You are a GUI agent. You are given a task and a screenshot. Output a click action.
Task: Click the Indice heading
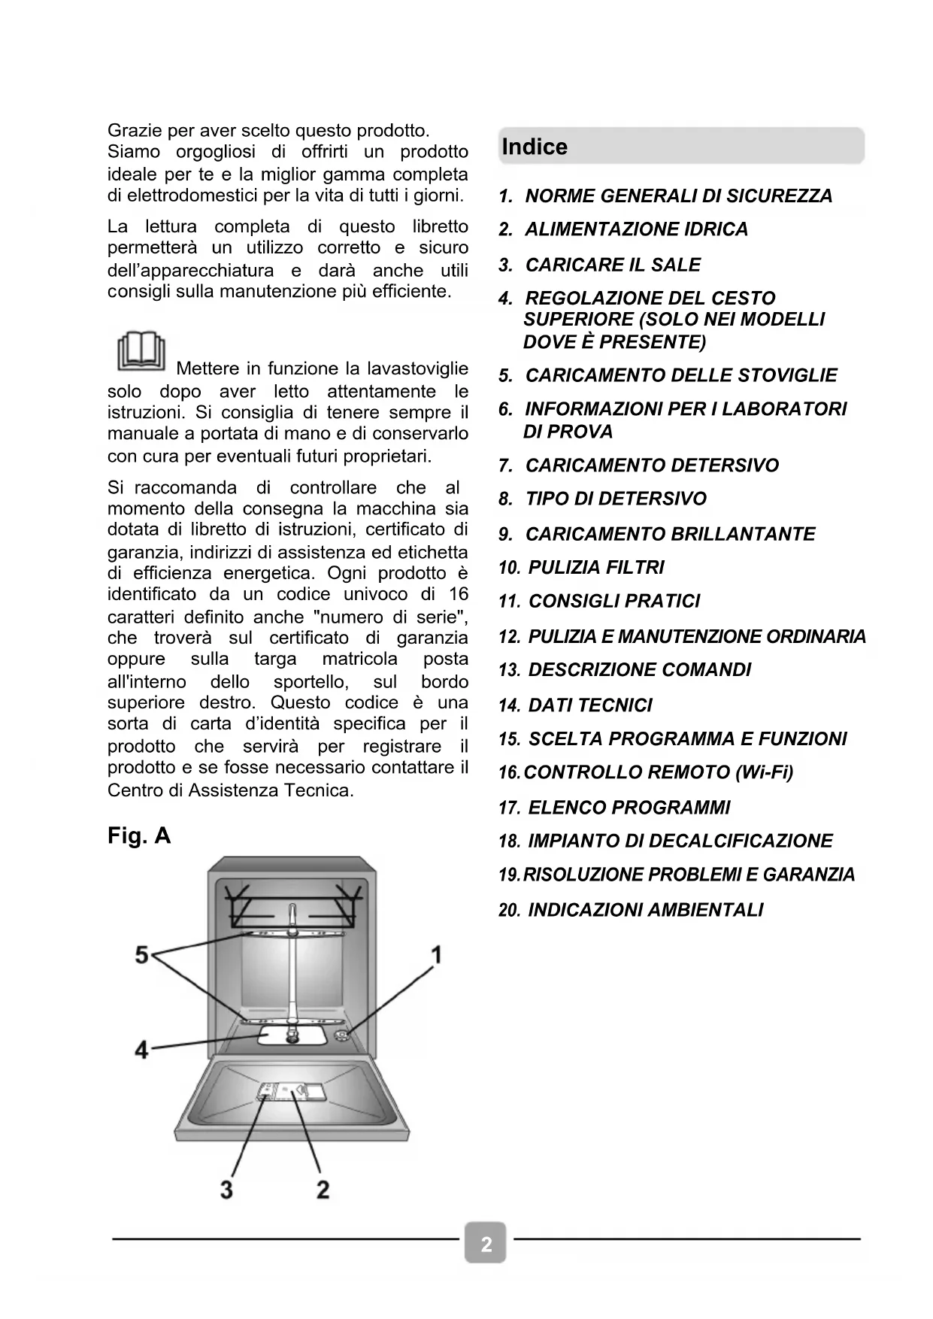tap(535, 147)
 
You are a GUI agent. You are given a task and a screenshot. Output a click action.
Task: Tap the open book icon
tap(141, 351)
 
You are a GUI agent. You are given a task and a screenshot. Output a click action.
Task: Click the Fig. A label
tap(139, 835)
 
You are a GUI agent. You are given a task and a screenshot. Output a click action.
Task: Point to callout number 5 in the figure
tap(141, 955)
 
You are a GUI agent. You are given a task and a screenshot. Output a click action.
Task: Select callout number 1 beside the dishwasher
tap(435, 955)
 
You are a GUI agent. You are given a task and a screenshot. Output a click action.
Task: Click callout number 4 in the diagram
tap(141, 1049)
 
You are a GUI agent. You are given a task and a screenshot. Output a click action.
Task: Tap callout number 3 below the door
tap(226, 1190)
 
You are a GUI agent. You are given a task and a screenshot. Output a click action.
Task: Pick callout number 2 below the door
tap(323, 1190)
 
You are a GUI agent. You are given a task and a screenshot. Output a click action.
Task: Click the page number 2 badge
tap(486, 1245)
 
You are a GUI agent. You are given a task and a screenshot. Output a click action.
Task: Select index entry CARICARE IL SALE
tap(612, 265)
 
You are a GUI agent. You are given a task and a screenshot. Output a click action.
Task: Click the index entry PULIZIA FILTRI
tap(595, 568)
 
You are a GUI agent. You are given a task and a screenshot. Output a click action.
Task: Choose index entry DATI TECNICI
tap(589, 705)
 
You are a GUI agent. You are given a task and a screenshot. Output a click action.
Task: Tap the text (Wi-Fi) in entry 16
tap(765, 772)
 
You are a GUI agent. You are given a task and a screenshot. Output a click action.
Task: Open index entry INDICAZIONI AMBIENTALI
tap(645, 910)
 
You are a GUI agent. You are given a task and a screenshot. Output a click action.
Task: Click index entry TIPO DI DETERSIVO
tap(615, 499)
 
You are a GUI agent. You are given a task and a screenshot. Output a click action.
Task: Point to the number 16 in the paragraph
tap(458, 594)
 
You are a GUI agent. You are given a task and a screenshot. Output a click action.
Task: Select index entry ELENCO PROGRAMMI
tap(629, 808)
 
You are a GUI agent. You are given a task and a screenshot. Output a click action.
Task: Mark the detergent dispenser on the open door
tap(292, 1093)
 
